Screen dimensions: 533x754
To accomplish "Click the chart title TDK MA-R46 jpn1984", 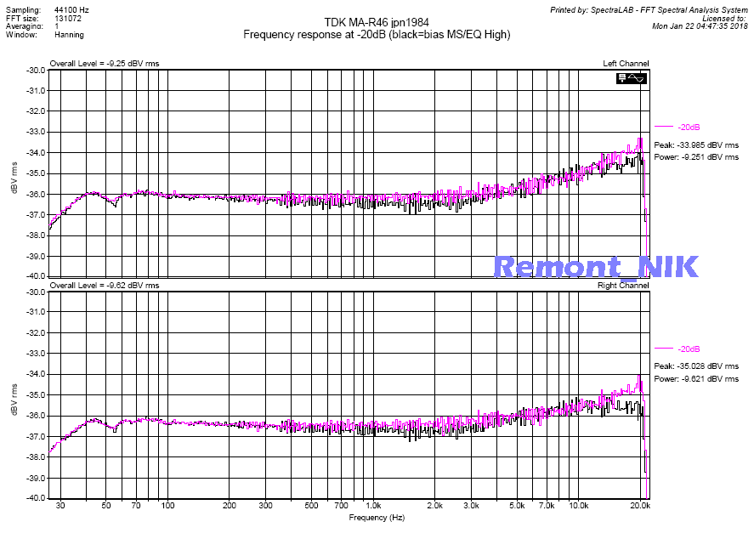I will pos(377,22).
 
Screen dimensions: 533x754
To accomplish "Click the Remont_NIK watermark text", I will pos(596,266).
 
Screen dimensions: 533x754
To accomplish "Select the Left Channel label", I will pos(626,63).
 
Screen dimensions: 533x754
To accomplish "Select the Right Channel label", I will pos(624,285).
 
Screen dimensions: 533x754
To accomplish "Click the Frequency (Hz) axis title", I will pos(377,517).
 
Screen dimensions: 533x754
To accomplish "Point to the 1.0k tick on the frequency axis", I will pos(372,506).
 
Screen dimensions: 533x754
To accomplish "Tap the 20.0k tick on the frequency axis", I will pos(640,506).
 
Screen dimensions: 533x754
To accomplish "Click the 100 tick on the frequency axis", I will pos(167,506).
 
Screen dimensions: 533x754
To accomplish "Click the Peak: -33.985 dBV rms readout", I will pos(696,145).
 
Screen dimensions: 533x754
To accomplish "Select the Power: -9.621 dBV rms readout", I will pos(696,379).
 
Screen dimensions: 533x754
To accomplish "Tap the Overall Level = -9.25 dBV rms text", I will pos(105,63).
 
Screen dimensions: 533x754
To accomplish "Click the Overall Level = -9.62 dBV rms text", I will pos(105,285).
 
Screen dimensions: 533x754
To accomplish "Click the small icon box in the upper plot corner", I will pos(633,78).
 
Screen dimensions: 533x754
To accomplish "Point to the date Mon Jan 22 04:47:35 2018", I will pos(699,26).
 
